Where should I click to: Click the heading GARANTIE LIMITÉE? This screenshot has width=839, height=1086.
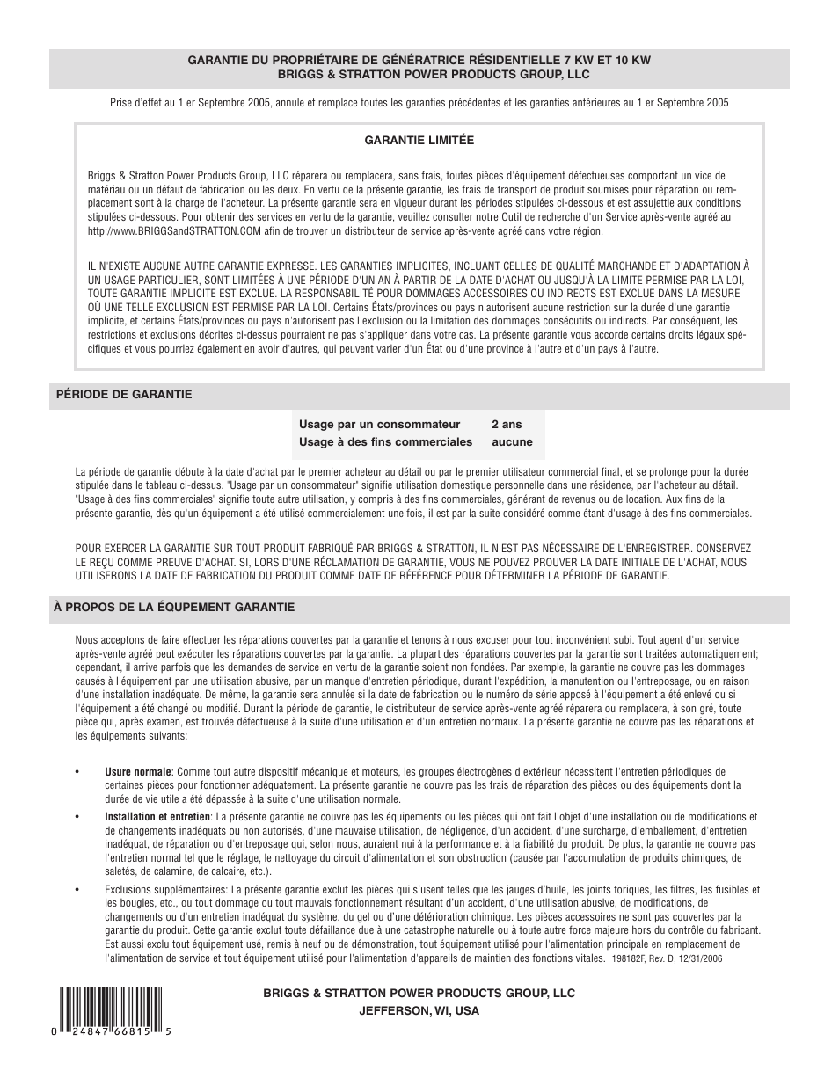click(419, 140)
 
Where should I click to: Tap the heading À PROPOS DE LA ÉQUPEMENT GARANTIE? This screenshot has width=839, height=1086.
click(174, 608)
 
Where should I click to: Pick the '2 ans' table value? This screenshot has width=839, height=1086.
click(507, 425)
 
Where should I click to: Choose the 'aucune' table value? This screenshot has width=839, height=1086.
click(512, 442)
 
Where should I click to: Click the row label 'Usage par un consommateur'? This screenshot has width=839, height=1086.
click(379, 425)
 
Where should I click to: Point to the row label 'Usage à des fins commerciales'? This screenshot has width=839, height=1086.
click(385, 442)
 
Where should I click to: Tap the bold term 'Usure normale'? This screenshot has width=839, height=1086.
click(138, 772)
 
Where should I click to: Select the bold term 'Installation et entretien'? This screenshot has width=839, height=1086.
click(157, 817)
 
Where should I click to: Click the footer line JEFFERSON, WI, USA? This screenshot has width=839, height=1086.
click(419, 1011)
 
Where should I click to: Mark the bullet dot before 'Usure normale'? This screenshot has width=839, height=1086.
click(78, 772)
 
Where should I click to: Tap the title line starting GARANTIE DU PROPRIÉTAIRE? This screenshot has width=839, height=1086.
click(419, 61)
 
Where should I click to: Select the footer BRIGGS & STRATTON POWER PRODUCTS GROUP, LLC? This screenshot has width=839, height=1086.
click(419, 993)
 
